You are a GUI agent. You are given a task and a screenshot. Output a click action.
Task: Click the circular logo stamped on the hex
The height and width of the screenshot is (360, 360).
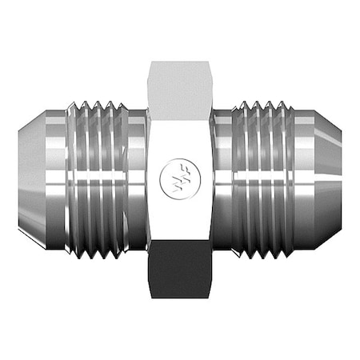tap(179, 174)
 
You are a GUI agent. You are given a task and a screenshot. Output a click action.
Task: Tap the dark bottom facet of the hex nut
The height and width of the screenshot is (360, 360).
tap(179, 269)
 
